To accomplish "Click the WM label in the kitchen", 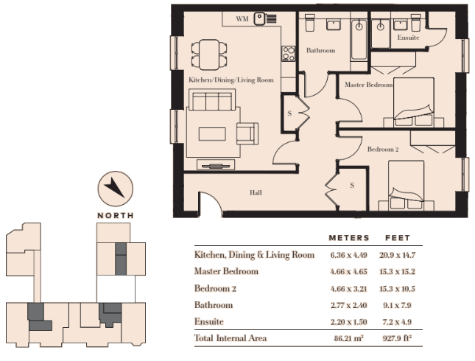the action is click(x=242, y=19).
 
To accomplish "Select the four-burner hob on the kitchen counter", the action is click(x=288, y=54).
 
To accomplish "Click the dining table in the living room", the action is click(x=209, y=55).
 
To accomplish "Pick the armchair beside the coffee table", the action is click(x=247, y=133).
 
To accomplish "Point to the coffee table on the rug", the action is click(x=212, y=134).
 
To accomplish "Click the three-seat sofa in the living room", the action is click(x=212, y=99).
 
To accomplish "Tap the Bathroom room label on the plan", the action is click(x=320, y=50).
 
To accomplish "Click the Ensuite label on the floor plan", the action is click(x=408, y=38).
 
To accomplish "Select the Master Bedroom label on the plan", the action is click(x=369, y=85).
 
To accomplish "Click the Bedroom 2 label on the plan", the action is click(x=383, y=149).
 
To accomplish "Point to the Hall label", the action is click(x=256, y=192).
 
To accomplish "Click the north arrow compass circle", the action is click(x=116, y=189).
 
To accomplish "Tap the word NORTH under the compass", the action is click(x=116, y=216).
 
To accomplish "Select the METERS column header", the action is click(x=349, y=238).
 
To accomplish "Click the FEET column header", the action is click(x=398, y=238).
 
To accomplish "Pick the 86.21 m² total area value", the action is click(x=348, y=338).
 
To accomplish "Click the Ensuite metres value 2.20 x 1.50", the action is click(x=348, y=322).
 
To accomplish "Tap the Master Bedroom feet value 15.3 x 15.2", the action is click(x=397, y=272).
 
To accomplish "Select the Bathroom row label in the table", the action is click(x=214, y=304).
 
